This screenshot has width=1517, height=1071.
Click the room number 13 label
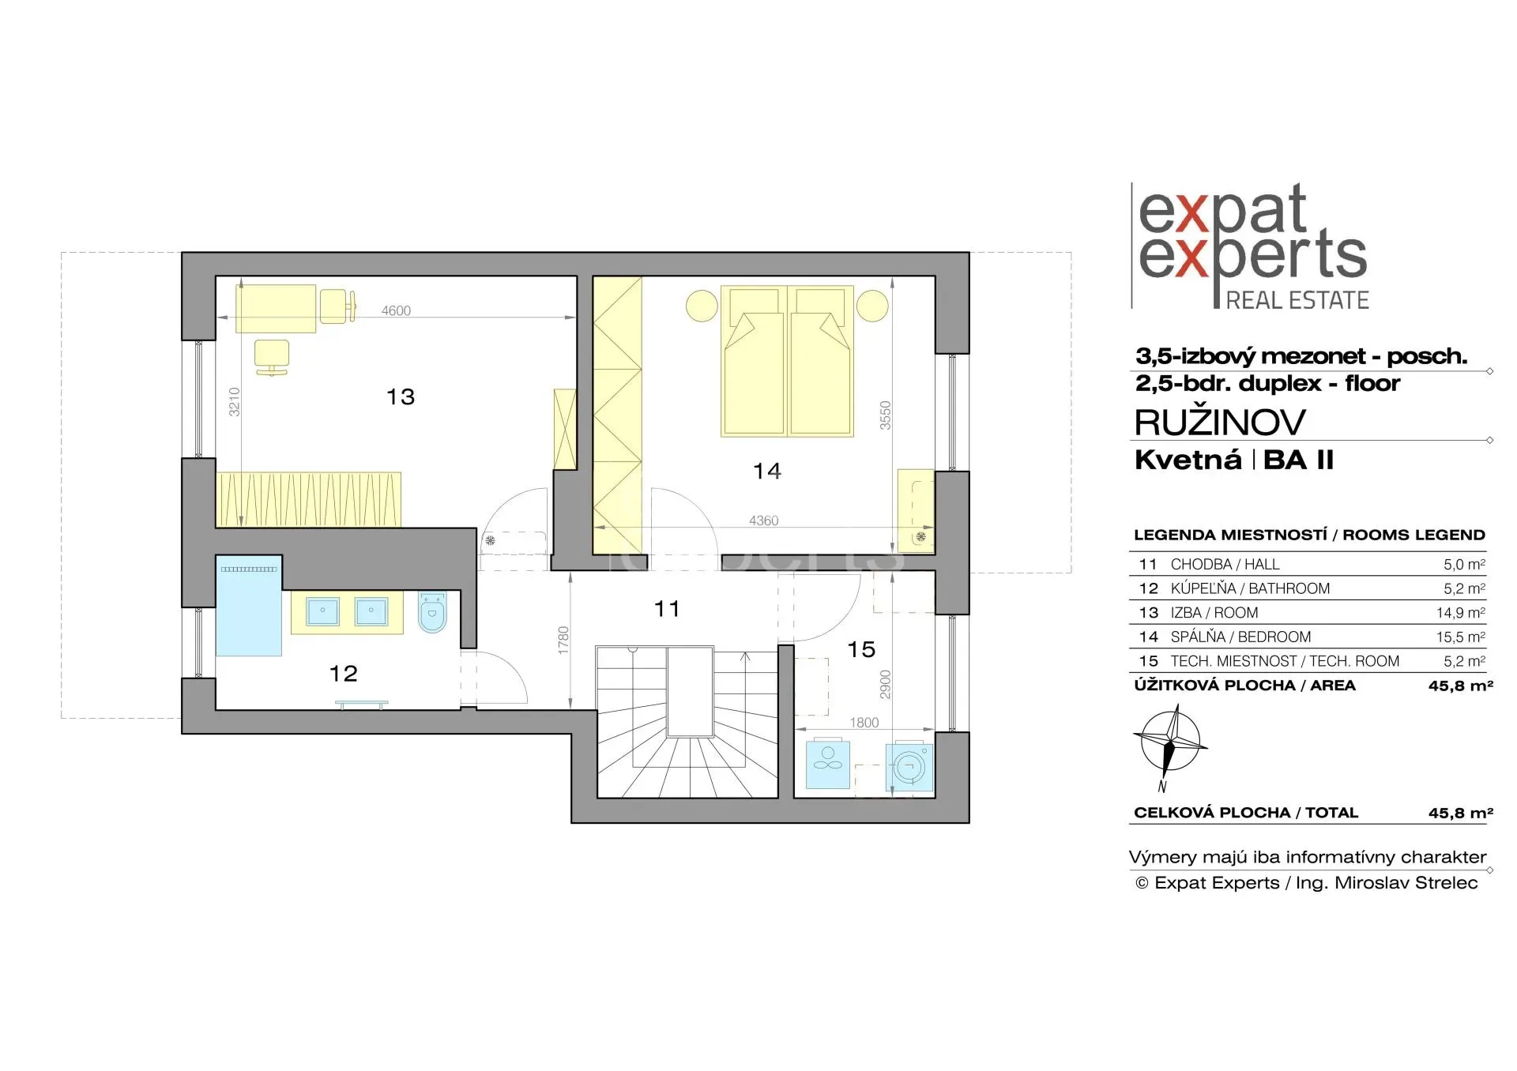(401, 396)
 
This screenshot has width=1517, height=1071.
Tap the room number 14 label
(767, 471)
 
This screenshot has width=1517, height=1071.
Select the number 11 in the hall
(667, 609)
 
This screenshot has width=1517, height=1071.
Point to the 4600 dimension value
(396, 310)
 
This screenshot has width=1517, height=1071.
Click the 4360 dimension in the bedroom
(763, 520)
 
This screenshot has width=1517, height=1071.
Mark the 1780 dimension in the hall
(563, 640)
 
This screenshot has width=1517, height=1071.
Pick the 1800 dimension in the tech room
(864, 723)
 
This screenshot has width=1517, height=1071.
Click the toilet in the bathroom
(431, 613)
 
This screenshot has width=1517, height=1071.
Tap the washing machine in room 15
(910, 766)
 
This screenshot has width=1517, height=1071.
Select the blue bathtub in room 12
(249, 607)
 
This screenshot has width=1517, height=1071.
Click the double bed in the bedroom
(787, 361)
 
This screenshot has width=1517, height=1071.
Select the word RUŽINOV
(1220, 423)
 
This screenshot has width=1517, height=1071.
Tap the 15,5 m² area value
(1464, 637)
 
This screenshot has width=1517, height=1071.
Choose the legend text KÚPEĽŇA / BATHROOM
(1250, 588)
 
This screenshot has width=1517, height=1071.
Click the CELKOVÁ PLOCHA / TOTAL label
(1246, 813)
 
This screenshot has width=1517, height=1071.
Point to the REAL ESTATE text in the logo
(1297, 300)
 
